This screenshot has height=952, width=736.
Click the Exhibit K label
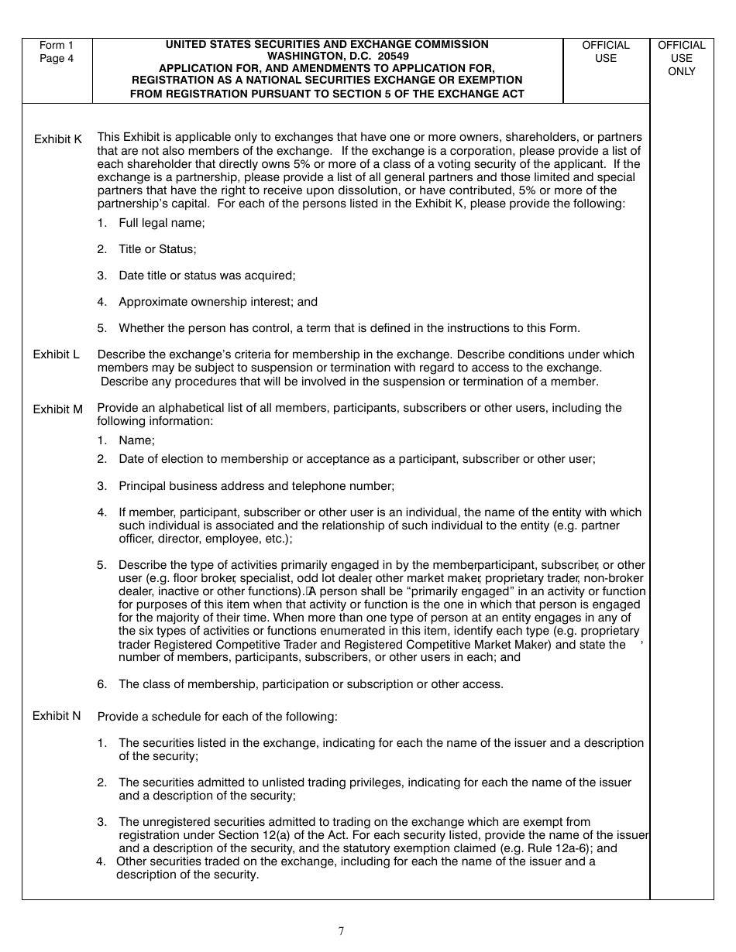coord(57,139)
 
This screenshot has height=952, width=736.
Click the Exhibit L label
coord(56,354)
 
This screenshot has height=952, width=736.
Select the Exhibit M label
coord(57,409)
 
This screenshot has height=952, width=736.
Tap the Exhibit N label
coord(57,716)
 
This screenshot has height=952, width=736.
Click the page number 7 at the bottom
coord(341,931)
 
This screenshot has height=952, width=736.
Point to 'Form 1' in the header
coord(57,46)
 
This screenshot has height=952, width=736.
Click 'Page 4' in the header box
coord(57,59)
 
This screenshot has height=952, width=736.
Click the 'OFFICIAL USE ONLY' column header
coord(682,58)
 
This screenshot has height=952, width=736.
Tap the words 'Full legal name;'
coord(161,223)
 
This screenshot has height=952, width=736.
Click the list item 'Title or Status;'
coord(157,249)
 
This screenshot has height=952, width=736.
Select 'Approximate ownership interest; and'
coord(218,302)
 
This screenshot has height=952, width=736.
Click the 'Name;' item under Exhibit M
coord(136,440)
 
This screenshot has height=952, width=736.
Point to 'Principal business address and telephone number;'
coord(256,486)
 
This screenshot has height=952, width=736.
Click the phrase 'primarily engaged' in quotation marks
coord(424,591)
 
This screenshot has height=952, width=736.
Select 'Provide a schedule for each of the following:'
coord(217,717)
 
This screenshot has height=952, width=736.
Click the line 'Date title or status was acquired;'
coord(207,276)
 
